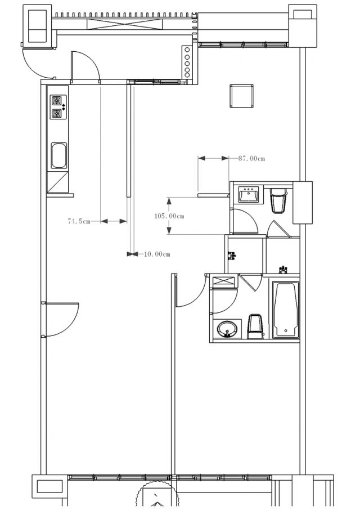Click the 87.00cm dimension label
pos(251,158)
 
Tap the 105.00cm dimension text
pos(169,216)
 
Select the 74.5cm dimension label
pos(79,221)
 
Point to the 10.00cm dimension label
pos(157,254)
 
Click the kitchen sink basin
pos(59,156)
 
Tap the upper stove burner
pos(57,101)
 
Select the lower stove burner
pos(57,114)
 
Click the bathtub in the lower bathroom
pos(286,309)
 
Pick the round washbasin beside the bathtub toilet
pos(227,329)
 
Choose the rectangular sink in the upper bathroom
pos(249,195)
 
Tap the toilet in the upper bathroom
pos(278,201)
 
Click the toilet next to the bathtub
pos(255,326)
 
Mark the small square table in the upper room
pos(241,96)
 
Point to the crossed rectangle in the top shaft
pos(124,24)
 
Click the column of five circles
pos(187,62)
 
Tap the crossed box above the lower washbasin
pos(223,281)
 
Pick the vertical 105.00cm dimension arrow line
pos(169,216)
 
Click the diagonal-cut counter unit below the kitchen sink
pos(58,182)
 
